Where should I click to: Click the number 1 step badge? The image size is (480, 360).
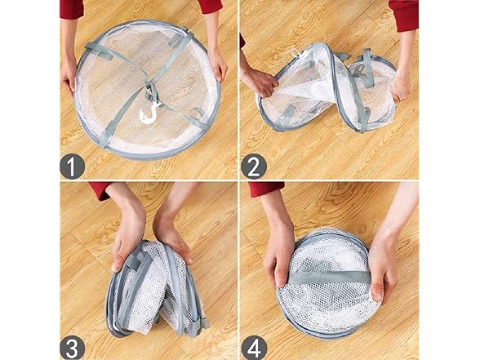(x=72, y=167)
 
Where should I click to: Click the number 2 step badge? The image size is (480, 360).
(x=254, y=167)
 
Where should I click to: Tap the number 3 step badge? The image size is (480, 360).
(x=72, y=348)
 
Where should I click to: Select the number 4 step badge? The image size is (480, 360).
(x=254, y=348)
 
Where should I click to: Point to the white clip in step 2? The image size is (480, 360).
(x=296, y=53)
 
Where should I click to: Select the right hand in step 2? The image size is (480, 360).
(x=401, y=87)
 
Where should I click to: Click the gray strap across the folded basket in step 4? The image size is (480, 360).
(x=330, y=278)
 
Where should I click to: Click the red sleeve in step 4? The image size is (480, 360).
(x=266, y=189)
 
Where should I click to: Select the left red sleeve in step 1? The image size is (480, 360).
(x=72, y=8)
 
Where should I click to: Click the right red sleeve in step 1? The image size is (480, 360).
(x=210, y=7)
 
